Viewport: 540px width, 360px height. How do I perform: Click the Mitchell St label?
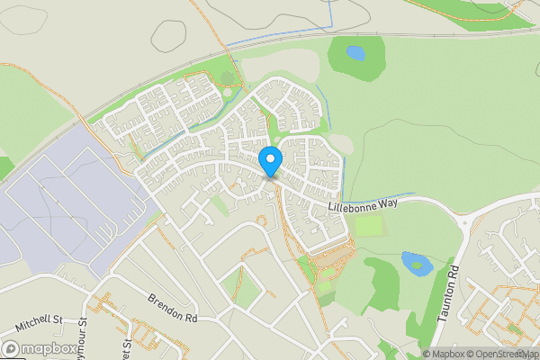pyautogui.click(x=38, y=319)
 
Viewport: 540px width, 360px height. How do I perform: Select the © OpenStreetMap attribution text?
pyautogui.click(x=501, y=354)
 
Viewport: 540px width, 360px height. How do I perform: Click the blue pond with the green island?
pyautogui.click(x=415, y=263)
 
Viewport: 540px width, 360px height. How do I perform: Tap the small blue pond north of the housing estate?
pyautogui.click(x=355, y=53)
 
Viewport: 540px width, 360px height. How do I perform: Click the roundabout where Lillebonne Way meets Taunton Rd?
pyautogui.click(x=464, y=220)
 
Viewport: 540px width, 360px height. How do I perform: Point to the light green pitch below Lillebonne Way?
pyautogui.click(x=370, y=226)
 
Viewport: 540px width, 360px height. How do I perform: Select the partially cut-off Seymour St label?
pyautogui.click(x=83, y=330)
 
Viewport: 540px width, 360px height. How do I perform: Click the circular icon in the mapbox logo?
pyautogui.click(x=12, y=348)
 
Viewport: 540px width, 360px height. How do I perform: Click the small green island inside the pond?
pyautogui.click(x=419, y=265)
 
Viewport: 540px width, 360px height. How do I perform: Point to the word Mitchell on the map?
pyautogui.click(x=32, y=320)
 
